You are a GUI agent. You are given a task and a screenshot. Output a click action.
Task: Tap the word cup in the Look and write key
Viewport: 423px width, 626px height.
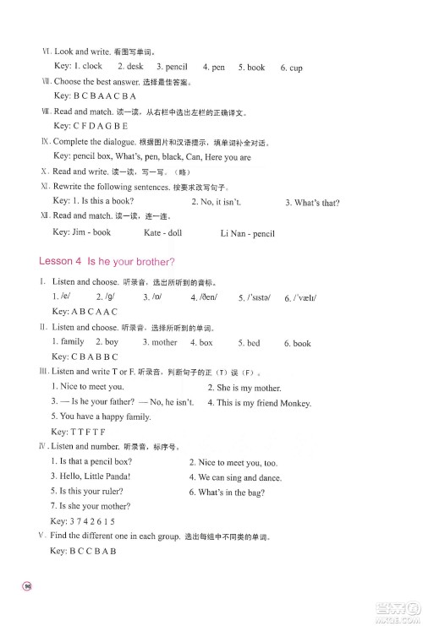pyautogui.click(x=295, y=68)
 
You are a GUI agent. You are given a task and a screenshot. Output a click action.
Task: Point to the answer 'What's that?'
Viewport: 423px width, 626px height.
pyautogui.click(x=316, y=203)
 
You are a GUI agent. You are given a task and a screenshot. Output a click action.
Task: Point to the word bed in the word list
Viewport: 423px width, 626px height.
pyautogui.click(x=253, y=343)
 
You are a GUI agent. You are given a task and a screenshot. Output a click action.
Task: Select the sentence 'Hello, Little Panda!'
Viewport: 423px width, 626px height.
pyautogui.click(x=86, y=476)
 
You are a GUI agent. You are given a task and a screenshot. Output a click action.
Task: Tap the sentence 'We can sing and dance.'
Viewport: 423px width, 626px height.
pyautogui.click(x=236, y=477)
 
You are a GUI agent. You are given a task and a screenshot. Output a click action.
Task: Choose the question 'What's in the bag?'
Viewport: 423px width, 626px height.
pyautogui.click(x=228, y=492)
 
